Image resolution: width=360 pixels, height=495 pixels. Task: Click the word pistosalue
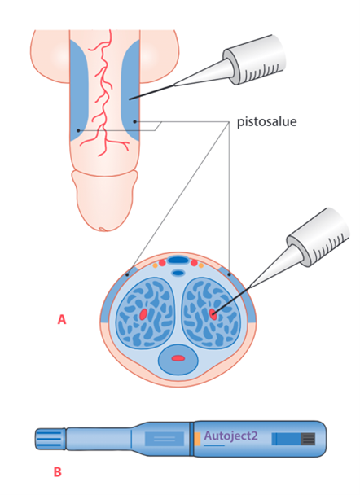(x=267, y=122)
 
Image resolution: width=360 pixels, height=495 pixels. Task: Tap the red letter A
(x=62, y=319)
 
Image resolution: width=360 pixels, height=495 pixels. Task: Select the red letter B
(x=58, y=472)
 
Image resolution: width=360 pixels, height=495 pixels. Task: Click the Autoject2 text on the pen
(x=230, y=436)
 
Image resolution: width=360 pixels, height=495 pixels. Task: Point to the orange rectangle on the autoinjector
(x=197, y=439)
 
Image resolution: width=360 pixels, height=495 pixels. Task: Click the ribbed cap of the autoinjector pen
(x=50, y=439)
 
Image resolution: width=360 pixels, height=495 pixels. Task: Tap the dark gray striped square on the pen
(x=308, y=439)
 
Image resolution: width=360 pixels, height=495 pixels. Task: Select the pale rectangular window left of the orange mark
(x=165, y=439)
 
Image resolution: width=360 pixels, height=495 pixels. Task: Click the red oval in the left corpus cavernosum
(x=143, y=314)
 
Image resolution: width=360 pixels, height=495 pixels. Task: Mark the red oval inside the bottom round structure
(x=178, y=358)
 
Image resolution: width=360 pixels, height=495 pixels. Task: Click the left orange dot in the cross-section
(x=155, y=265)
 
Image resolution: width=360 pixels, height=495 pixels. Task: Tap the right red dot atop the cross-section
(x=194, y=263)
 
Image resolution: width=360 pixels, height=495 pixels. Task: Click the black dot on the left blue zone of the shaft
(x=78, y=130)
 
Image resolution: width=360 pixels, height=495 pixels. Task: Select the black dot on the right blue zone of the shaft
(x=134, y=121)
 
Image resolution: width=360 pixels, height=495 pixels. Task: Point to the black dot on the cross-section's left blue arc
(x=127, y=274)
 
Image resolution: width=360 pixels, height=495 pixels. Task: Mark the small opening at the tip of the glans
(x=102, y=229)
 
